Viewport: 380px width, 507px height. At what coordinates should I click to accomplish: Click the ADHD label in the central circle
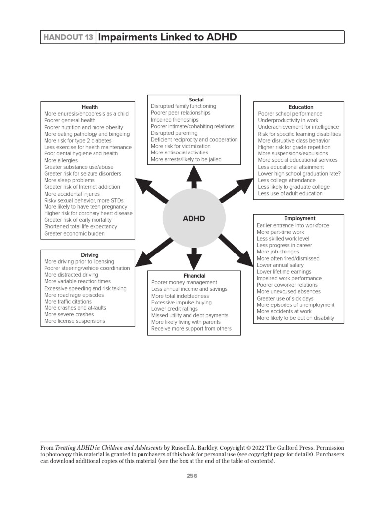tap(193, 218)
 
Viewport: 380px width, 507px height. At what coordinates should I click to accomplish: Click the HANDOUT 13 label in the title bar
tap(68, 37)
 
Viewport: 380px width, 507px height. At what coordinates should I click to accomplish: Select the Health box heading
tap(90, 107)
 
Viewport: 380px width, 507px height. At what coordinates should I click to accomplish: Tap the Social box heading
tap(196, 100)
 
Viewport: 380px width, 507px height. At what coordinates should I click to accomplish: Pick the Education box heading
tap(301, 107)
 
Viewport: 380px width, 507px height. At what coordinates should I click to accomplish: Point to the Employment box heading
tap(299, 218)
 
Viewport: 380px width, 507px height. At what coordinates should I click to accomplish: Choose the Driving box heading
tap(90, 255)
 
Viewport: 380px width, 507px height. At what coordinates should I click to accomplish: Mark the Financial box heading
tap(194, 276)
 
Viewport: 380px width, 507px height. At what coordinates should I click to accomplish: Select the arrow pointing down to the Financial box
tap(194, 257)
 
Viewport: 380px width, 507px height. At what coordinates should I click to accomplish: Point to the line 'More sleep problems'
tap(69, 180)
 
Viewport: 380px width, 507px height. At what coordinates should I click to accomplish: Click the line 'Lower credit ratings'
tap(175, 309)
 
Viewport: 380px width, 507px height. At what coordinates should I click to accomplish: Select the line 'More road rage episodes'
tap(74, 295)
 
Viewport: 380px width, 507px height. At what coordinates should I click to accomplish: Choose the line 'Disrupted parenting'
tap(174, 133)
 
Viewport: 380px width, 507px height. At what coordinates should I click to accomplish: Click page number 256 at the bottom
tap(191, 476)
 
